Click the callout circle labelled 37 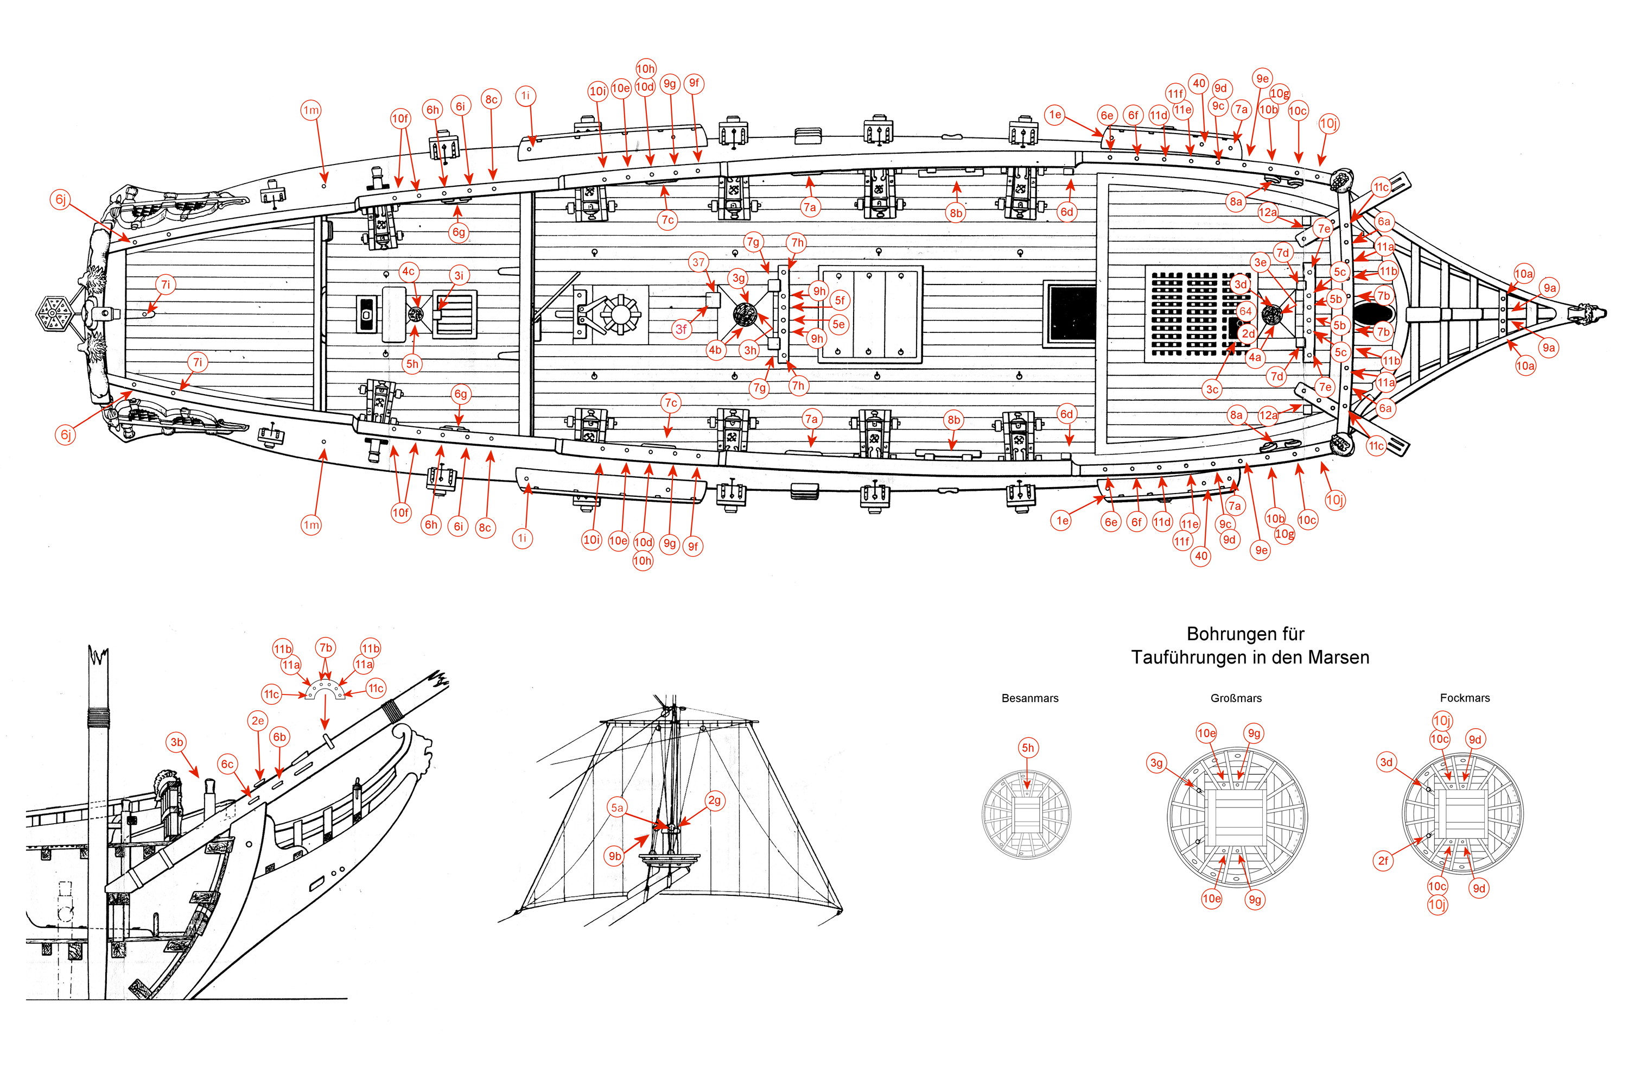pos(698,262)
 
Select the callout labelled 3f pos(681,330)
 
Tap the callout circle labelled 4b pos(715,350)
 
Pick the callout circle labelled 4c pos(409,271)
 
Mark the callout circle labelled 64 pos(1245,311)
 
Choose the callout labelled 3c pos(1212,389)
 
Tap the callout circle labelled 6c pos(227,764)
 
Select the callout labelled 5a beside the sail pos(616,807)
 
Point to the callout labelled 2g pos(714,800)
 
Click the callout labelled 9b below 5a pos(615,856)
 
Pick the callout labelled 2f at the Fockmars pos(1383,861)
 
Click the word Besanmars pos(1030,698)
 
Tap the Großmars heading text pos(1236,698)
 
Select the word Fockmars pos(1465,698)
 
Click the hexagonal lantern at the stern pos(53,314)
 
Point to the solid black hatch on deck pos(1071,312)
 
